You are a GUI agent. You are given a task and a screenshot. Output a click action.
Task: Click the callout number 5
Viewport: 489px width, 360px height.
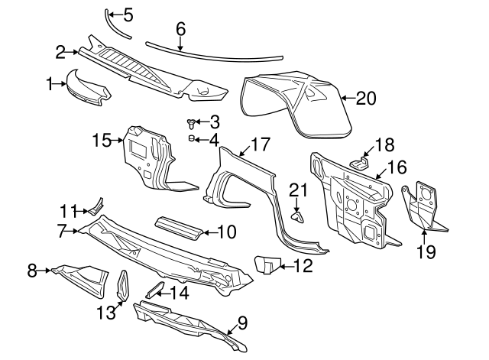(x=128, y=14)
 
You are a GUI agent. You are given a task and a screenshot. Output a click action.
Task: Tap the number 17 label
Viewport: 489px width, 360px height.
(x=261, y=143)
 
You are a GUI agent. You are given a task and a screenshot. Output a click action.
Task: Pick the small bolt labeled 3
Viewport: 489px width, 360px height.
(x=190, y=122)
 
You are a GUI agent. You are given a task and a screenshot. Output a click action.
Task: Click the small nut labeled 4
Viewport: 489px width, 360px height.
(x=193, y=138)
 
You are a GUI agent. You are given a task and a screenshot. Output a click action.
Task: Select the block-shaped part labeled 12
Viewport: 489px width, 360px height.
(x=267, y=265)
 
